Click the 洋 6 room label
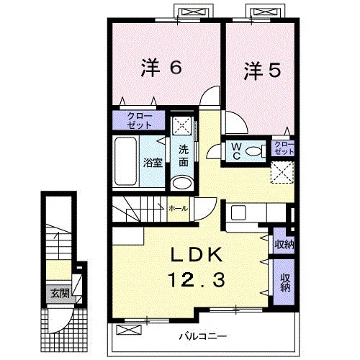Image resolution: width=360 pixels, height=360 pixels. pyautogui.click(x=161, y=68)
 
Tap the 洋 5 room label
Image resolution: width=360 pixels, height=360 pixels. pyautogui.click(x=262, y=71)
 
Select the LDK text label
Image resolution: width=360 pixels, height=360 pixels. pyautogui.click(x=196, y=255)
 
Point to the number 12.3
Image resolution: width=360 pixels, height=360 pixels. pyautogui.click(x=197, y=280)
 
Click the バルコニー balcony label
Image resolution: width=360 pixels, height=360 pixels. pyautogui.click(x=203, y=336)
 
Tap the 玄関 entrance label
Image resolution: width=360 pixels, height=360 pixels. pyautogui.click(x=60, y=293)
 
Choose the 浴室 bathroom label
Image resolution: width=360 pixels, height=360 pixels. pyautogui.click(x=153, y=163)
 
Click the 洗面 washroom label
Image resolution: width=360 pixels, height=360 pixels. pyautogui.click(x=184, y=156)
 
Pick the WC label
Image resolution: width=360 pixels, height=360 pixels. pyautogui.click(x=237, y=151)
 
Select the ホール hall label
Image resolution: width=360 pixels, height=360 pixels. pyautogui.click(x=178, y=209)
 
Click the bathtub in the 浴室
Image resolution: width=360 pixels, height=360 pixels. pyautogui.click(x=125, y=161)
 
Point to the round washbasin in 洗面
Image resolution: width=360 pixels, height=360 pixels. pyautogui.click(x=182, y=184)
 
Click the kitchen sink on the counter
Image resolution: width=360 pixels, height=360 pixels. pyautogui.click(x=238, y=212)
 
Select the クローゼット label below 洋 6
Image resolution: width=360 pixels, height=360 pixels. pyautogui.click(x=140, y=120)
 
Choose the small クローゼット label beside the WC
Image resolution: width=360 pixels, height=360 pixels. pyautogui.click(x=284, y=148)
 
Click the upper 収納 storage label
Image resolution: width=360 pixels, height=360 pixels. pyautogui.click(x=284, y=244)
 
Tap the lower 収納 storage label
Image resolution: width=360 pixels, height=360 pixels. pyautogui.click(x=284, y=283)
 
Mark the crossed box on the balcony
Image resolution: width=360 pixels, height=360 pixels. pyautogui.click(x=129, y=330)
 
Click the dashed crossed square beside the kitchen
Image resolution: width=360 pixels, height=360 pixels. pyautogui.click(x=282, y=173)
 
